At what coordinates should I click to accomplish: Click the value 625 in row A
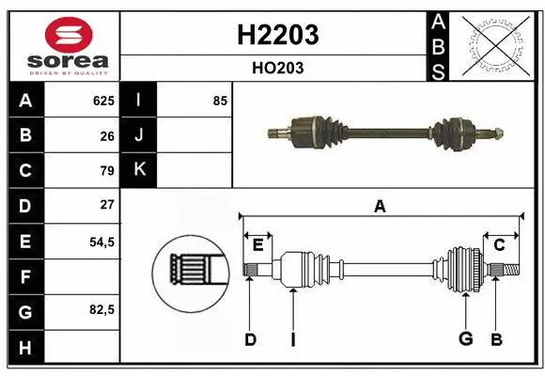[x=103, y=101]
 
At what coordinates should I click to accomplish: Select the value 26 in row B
[x=107, y=135]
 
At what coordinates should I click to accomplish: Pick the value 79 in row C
[x=107, y=170]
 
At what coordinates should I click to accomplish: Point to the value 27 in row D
[x=107, y=204]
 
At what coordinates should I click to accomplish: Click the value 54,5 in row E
[x=101, y=241]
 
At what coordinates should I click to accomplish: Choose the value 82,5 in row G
[x=101, y=309]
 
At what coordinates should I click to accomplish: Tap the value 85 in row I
[x=220, y=101]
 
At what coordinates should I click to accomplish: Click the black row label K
[x=140, y=170]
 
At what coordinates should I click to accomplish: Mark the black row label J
[x=140, y=135]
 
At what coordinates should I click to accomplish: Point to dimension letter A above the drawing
[x=380, y=206]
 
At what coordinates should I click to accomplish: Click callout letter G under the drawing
[x=465, y=339]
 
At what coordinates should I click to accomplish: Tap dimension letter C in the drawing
[x=500, y=244]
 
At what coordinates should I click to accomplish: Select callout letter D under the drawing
[x=250, y=339]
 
